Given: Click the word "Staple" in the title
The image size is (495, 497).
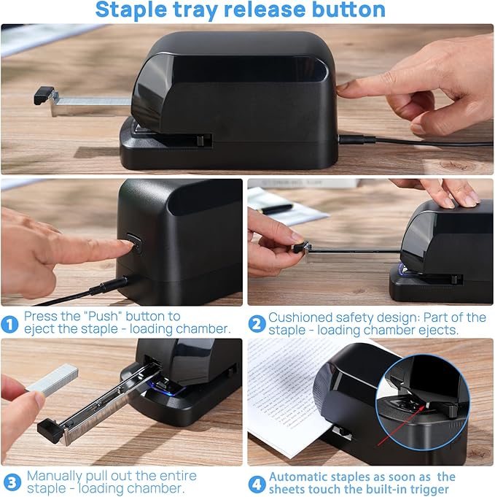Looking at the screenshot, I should tap(135, 10).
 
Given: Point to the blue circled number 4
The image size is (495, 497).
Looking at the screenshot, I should tap(256, 482).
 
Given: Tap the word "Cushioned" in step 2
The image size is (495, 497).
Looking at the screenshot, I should tap(301, 317).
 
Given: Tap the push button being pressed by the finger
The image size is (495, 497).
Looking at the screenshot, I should tap(131, 242).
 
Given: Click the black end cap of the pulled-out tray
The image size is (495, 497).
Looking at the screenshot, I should tap(50, 430).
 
